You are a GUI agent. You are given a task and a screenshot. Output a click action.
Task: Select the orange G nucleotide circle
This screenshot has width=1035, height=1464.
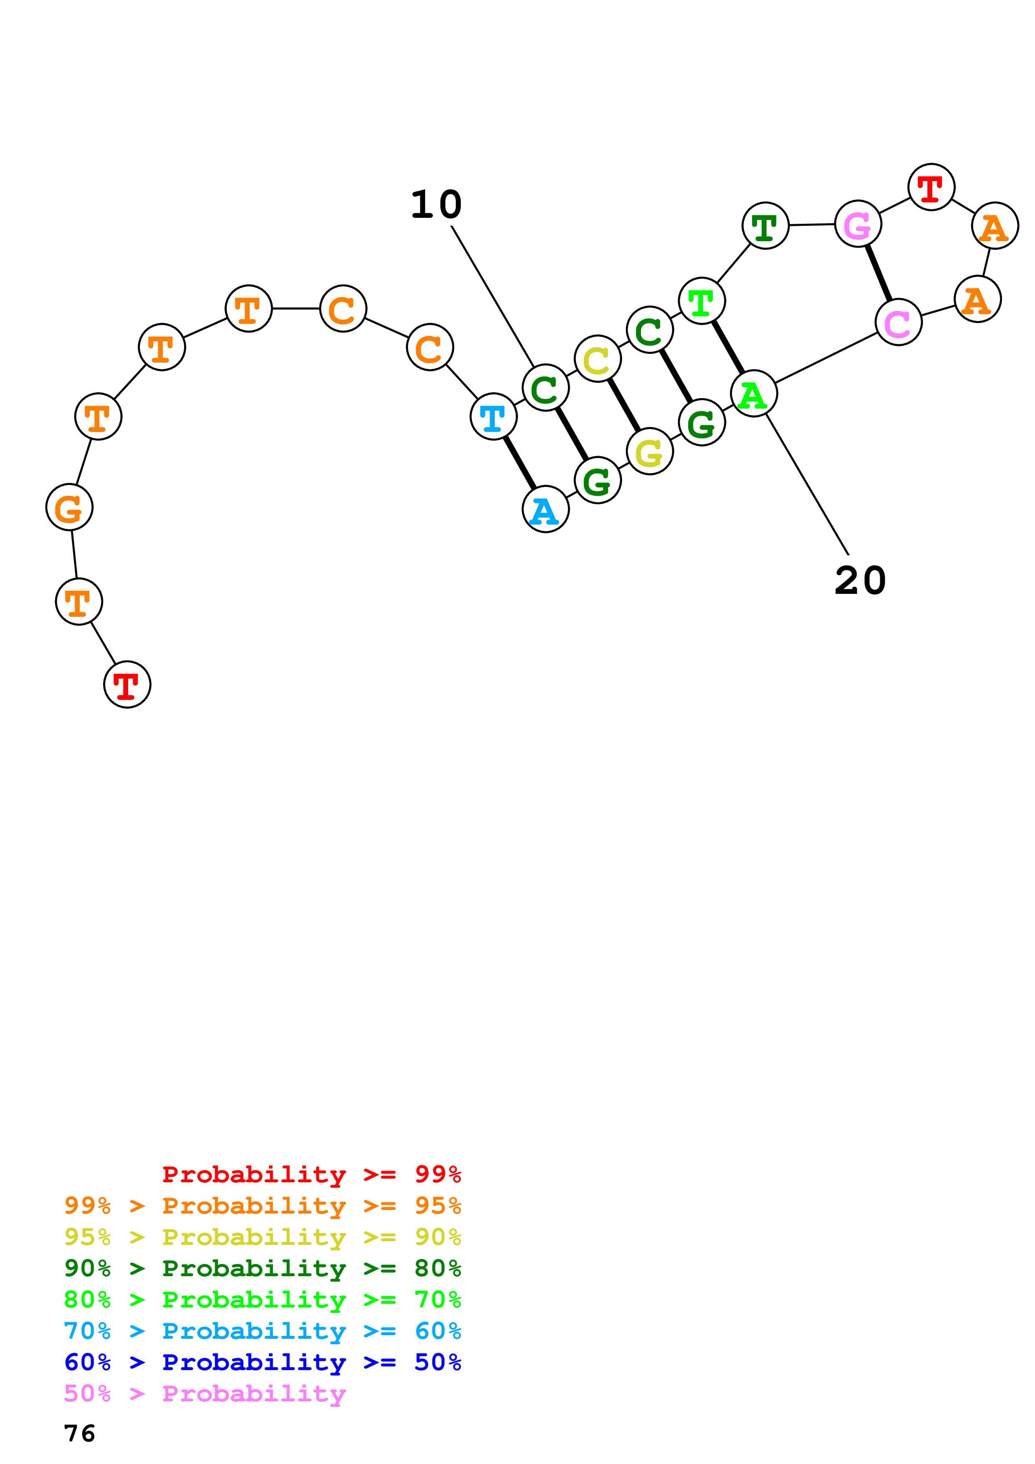(69, 507)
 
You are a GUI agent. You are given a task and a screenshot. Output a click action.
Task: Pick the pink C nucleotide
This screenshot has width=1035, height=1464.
(898, 322)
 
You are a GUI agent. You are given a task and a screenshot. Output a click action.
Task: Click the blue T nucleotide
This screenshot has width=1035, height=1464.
(493, 417)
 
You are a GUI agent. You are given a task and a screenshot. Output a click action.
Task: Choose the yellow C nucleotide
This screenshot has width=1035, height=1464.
(597, 359)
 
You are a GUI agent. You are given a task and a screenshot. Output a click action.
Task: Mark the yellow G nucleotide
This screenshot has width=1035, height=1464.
(650, 452)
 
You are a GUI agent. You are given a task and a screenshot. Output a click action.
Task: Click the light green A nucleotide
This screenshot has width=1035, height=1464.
(754, 394)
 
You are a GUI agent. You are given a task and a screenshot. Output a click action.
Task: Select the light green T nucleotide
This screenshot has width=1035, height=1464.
(701, 301)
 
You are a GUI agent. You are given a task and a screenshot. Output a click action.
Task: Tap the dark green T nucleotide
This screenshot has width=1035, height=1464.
(765, 226)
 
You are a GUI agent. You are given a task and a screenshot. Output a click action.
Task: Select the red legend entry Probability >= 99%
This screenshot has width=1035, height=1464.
(312, 1174)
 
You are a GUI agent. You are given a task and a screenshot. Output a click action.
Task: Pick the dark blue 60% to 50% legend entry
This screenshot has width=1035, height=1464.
(263, 1362)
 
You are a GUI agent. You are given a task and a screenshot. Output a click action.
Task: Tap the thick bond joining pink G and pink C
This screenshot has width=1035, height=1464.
(878, 273)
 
